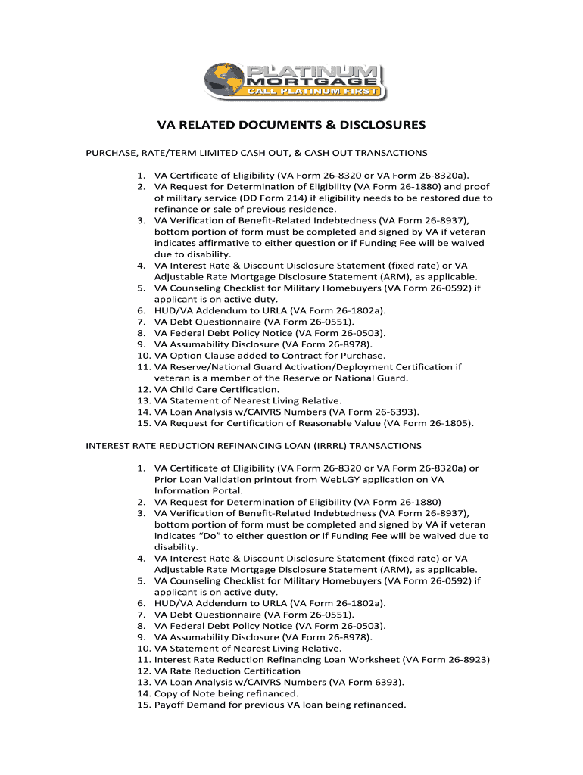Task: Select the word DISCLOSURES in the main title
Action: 377,125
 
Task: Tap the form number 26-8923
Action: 467,659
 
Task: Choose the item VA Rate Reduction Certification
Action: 222,671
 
